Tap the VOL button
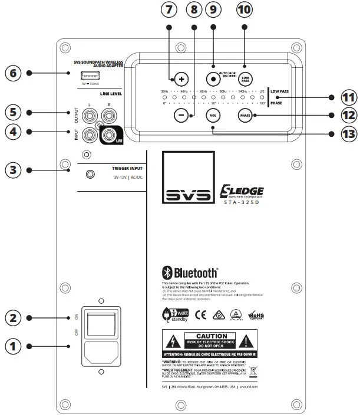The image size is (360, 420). click(213, 116)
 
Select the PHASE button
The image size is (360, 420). click(245, 116)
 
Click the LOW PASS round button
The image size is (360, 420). click(245, 78)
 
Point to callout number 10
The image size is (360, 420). click(246, 9)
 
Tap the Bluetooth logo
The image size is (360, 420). click(190, 273)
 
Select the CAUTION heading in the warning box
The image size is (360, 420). click(211, 335)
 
